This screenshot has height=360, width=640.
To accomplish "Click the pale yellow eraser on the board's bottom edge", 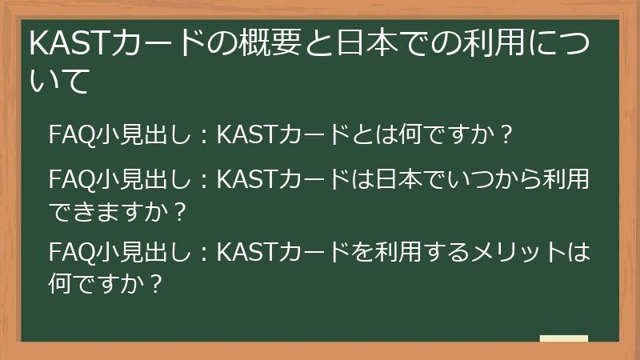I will coord(564,339).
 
